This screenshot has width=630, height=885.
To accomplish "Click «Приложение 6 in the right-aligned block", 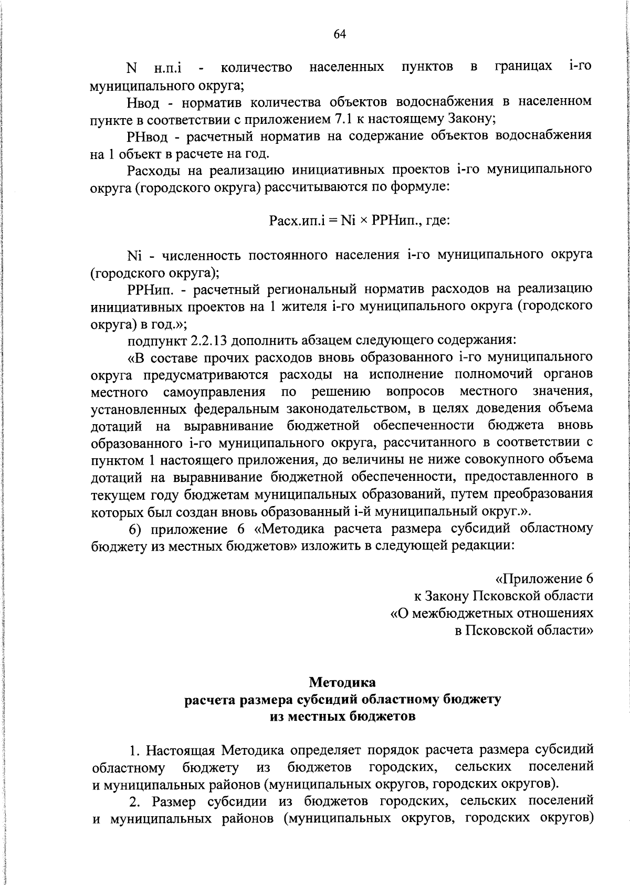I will pyautogui.click(x=544, y=579).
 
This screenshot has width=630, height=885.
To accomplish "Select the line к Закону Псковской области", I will pyautogui.click(x=503, y=596).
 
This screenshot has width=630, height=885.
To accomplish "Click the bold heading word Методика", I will pyautogui.click(x=342, y=682).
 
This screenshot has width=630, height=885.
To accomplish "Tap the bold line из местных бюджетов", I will pyautogui.click(x=342, y=716).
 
